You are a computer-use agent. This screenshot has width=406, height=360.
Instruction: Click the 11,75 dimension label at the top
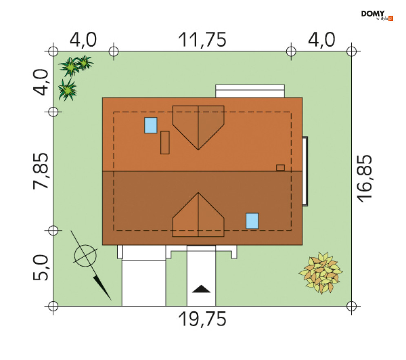click(x=202, y=40)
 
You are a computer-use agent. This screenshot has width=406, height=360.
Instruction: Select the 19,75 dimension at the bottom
click(x=202, y=319)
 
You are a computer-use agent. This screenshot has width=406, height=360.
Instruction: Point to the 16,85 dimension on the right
click(x=364, y=178)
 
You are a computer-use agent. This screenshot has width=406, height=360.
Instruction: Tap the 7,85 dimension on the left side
click(x=41, y=171)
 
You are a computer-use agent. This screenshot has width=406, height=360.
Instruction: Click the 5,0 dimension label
click(x=41, y=267)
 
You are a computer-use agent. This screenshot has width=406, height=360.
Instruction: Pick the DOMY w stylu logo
click(x=377, y=15)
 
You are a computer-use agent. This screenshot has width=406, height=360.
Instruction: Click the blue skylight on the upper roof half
click(x=151, y=125)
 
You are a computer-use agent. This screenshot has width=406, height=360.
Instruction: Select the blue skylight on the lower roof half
click(x=252, y=221)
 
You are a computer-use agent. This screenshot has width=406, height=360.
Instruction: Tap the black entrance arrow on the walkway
click(x=201, y=289)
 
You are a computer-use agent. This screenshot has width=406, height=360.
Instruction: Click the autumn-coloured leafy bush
click(x=321, y=273)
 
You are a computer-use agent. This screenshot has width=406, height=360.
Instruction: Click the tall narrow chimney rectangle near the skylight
click(x=165, y=143)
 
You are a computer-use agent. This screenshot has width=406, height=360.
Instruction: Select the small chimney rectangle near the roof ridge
click(x=280, y=168)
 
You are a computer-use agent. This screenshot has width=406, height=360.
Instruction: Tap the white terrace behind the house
click(x=250, y=91)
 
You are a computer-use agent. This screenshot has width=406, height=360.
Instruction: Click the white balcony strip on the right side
click(x=305, y=171)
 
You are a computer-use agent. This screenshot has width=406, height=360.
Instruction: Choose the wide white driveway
click(x=144, y=283)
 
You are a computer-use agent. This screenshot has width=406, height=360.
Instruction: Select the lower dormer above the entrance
click(x=198, y=215)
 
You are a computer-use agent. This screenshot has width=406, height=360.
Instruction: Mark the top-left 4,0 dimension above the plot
click(x=83, y=40)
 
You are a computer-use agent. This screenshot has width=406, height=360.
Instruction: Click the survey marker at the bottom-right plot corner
click(x=351, y=306)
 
